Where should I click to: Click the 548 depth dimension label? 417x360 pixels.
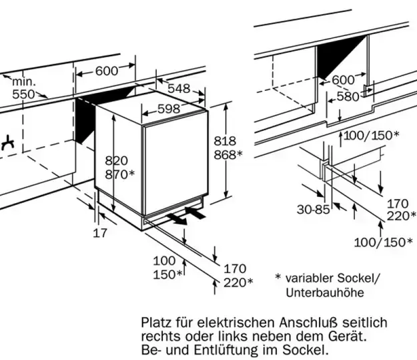[x=178, y=88]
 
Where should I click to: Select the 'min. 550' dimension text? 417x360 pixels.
[x=24, y=88]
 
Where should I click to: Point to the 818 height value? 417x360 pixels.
[x=226, y=141]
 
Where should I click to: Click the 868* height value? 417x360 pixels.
[x=228, y=155]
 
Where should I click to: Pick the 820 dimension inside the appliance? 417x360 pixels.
[x=116, y=160]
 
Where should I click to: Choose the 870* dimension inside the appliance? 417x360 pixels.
[x=120, y=174]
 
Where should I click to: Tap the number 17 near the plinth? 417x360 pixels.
[x=99, y=233]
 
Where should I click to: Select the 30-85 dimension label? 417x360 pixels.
[x=313, y=210]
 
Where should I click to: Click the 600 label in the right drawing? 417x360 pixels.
[x=343, y=80]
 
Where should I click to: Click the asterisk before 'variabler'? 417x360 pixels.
[x=278, y=277]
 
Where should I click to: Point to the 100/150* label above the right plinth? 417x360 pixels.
[x=372, y=135]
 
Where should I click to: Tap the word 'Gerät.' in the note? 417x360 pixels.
[x=347, y=336]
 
